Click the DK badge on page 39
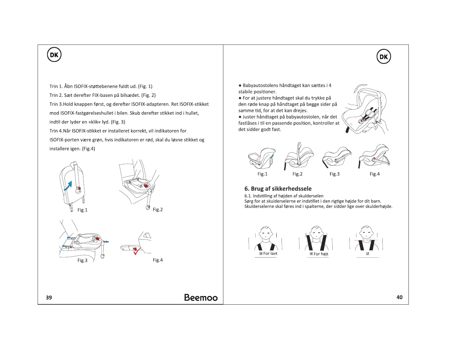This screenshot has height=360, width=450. (54, 55)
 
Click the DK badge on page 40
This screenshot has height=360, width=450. (384, 57)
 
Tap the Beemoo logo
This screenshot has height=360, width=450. (201, 297)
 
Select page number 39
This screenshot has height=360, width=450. (49, 297)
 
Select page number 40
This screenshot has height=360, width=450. (399, 297)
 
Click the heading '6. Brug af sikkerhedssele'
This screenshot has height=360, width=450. (278, 189)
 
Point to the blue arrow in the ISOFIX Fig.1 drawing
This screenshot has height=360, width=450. (68, 186)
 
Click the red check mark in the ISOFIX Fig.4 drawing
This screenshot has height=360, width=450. (137, 251)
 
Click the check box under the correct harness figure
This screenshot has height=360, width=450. (368, 254)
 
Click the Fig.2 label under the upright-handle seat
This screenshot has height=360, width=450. (297, 174)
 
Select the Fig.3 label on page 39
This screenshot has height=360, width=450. (82, 261)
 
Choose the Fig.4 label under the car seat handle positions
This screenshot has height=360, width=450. (374, 174)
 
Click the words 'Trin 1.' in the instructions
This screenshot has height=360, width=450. (56, 86)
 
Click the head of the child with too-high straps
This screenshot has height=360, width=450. (316, 233)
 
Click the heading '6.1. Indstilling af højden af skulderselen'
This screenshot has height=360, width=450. (284, 196)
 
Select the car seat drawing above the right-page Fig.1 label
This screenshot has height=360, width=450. (262, 158)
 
